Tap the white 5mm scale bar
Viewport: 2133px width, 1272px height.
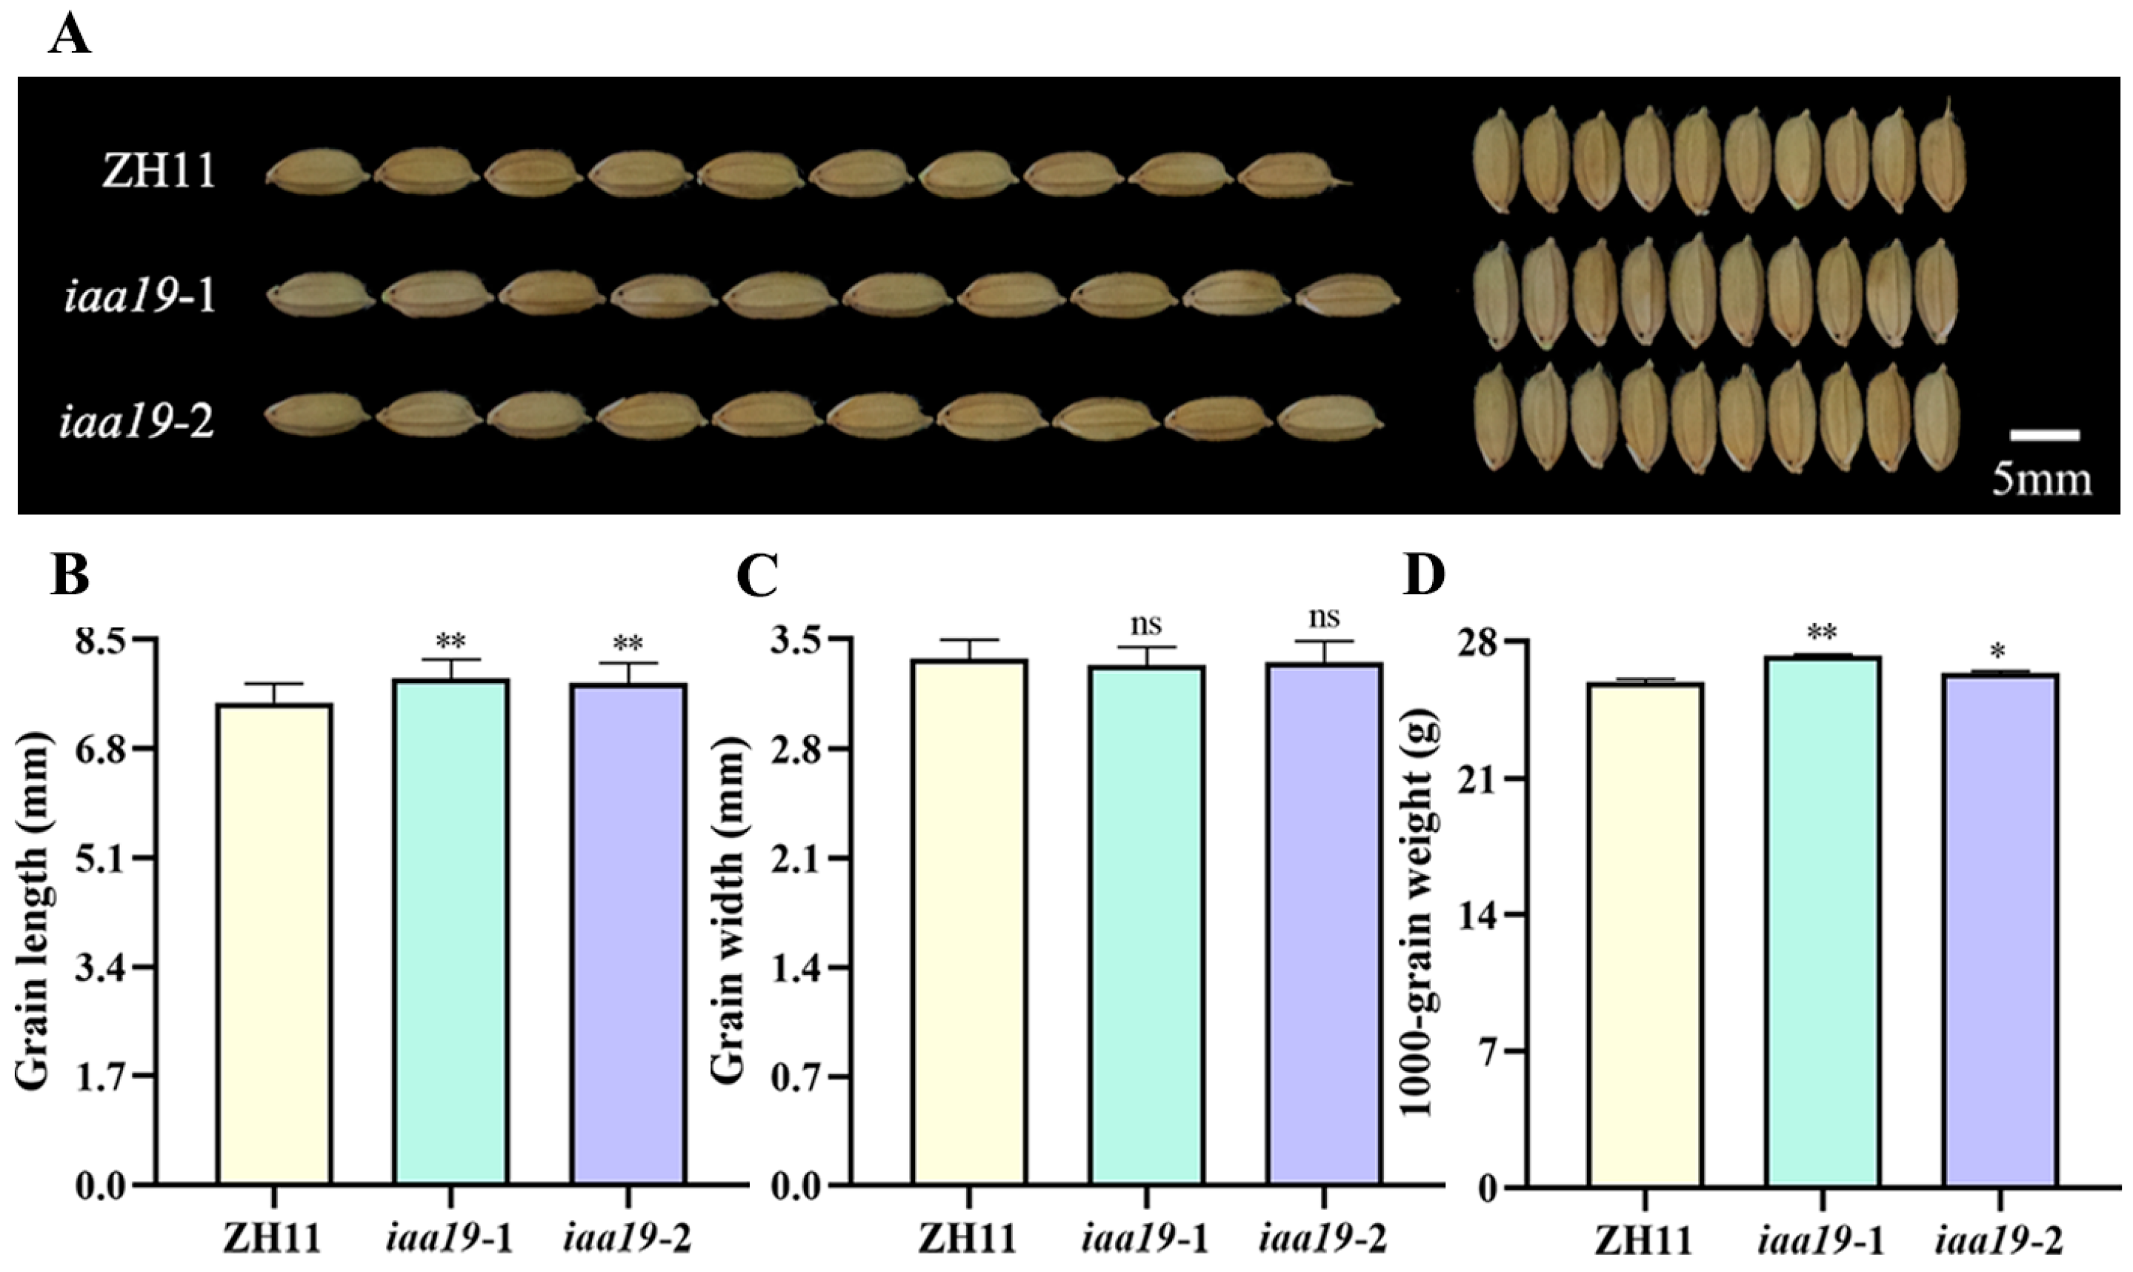click(2045, 436)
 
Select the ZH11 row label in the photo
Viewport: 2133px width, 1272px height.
click(159, 170)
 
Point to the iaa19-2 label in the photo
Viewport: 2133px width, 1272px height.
click(137, 422)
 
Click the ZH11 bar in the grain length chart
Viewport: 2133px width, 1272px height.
click(274, 943)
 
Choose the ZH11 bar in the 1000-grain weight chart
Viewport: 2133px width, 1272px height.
click(1645, 934)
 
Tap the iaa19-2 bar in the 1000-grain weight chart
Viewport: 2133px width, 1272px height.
click(2000, 930)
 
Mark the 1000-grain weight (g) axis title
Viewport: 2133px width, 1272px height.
click(1420, 913)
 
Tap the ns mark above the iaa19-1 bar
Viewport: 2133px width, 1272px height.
click(1145, 624)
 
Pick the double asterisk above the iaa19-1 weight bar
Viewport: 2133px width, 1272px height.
click(1821, 634)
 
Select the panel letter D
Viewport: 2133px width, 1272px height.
click(1423, 577)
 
